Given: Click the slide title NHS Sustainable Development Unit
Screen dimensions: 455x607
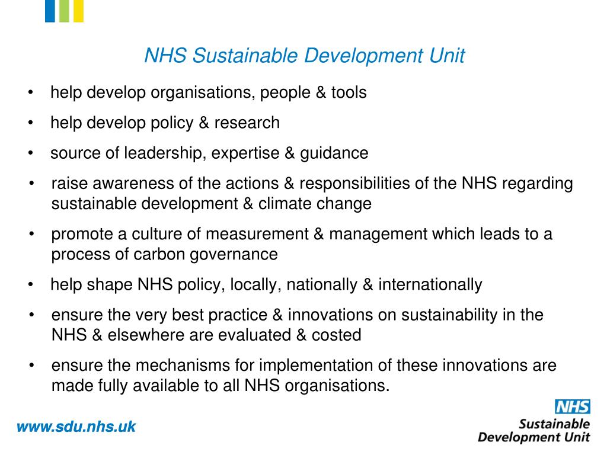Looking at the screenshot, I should (305, 56).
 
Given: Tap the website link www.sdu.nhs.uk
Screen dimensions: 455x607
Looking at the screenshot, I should (76, 426).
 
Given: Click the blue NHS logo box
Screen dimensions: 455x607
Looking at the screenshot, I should (572, 406).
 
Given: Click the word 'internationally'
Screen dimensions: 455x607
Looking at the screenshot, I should (430, 284).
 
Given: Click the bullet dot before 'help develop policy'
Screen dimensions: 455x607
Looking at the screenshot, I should (30, 123).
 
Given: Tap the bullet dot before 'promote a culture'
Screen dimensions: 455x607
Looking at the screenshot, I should (31, 234).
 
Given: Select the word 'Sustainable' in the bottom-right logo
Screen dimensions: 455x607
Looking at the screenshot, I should (554, 424).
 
